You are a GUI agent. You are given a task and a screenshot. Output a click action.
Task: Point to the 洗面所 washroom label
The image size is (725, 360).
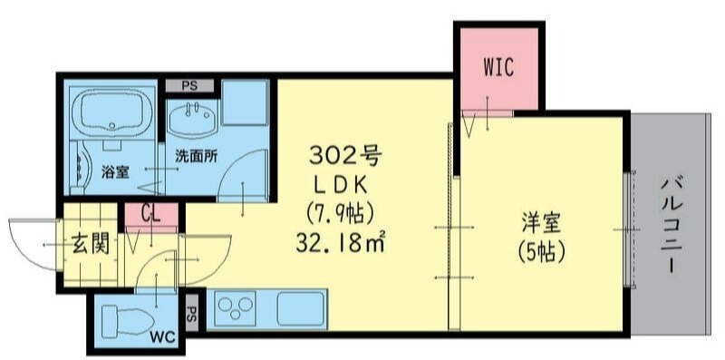pos(195,155)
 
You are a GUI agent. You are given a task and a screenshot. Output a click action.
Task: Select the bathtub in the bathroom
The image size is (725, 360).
pos(111,112)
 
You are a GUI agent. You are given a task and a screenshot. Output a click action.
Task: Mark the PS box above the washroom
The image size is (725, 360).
pos(189,85)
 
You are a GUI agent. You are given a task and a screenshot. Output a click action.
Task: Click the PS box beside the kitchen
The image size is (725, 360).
pos(191,316)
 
